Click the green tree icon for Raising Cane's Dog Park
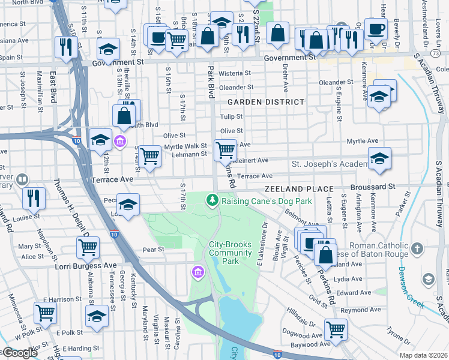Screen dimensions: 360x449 click(x=211, y=200)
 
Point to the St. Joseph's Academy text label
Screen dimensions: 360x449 click(x=329, y=164)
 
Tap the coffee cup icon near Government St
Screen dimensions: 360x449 click(x=376, y=30)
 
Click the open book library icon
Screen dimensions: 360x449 click(x=22, y=179)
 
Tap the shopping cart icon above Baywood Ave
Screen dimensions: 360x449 click(x=336, y=328)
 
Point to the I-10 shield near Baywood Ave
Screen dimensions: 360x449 click(x=277, y=355)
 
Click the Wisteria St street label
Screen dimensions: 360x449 click(x=234, y=73)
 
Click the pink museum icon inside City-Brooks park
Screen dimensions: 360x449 click(x=197, y=274)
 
